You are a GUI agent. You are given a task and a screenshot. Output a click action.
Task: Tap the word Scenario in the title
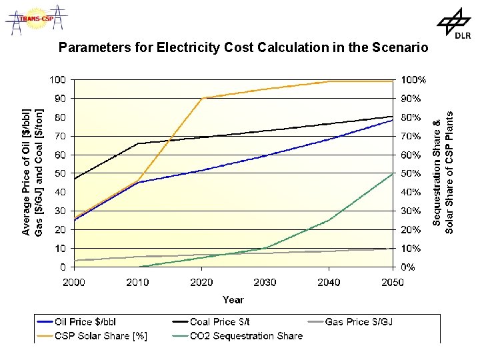(x=391, y=48)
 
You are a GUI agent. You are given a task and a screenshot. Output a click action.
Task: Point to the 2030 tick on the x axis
(x=265, y=282)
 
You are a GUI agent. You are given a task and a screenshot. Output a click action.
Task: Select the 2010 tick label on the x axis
(x=138, y=282)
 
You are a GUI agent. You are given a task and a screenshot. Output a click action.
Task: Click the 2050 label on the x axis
(x=393, y=282)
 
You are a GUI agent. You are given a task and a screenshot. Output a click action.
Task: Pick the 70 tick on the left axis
(x=60, y=136)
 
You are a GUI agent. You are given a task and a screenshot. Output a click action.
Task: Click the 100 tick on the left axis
(x=58, y=79)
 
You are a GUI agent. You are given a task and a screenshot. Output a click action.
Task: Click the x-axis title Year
(x=233, y=300)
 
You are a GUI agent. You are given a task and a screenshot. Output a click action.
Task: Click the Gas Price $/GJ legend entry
(x=359, y=322)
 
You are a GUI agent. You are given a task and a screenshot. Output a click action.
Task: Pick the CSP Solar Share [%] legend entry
(x=101, y=335)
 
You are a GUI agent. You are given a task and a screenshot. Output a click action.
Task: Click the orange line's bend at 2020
(x=202, y=98)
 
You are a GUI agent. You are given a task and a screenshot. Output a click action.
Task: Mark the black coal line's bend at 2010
(x=138, y=143)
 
